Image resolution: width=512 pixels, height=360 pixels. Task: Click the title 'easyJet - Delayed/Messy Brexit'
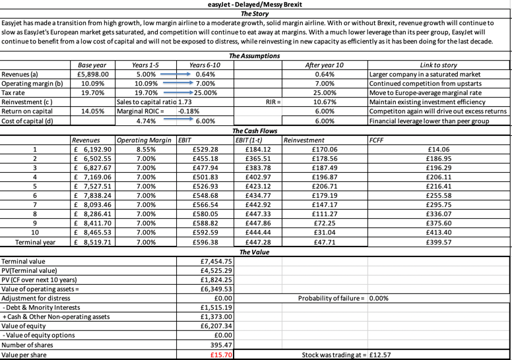256,5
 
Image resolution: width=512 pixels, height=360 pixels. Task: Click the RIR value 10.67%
323,103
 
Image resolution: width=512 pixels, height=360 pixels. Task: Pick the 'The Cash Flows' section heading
256,131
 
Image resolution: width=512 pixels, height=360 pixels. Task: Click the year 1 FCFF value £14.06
439,150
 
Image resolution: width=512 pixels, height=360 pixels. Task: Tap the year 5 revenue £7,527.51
94,187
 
